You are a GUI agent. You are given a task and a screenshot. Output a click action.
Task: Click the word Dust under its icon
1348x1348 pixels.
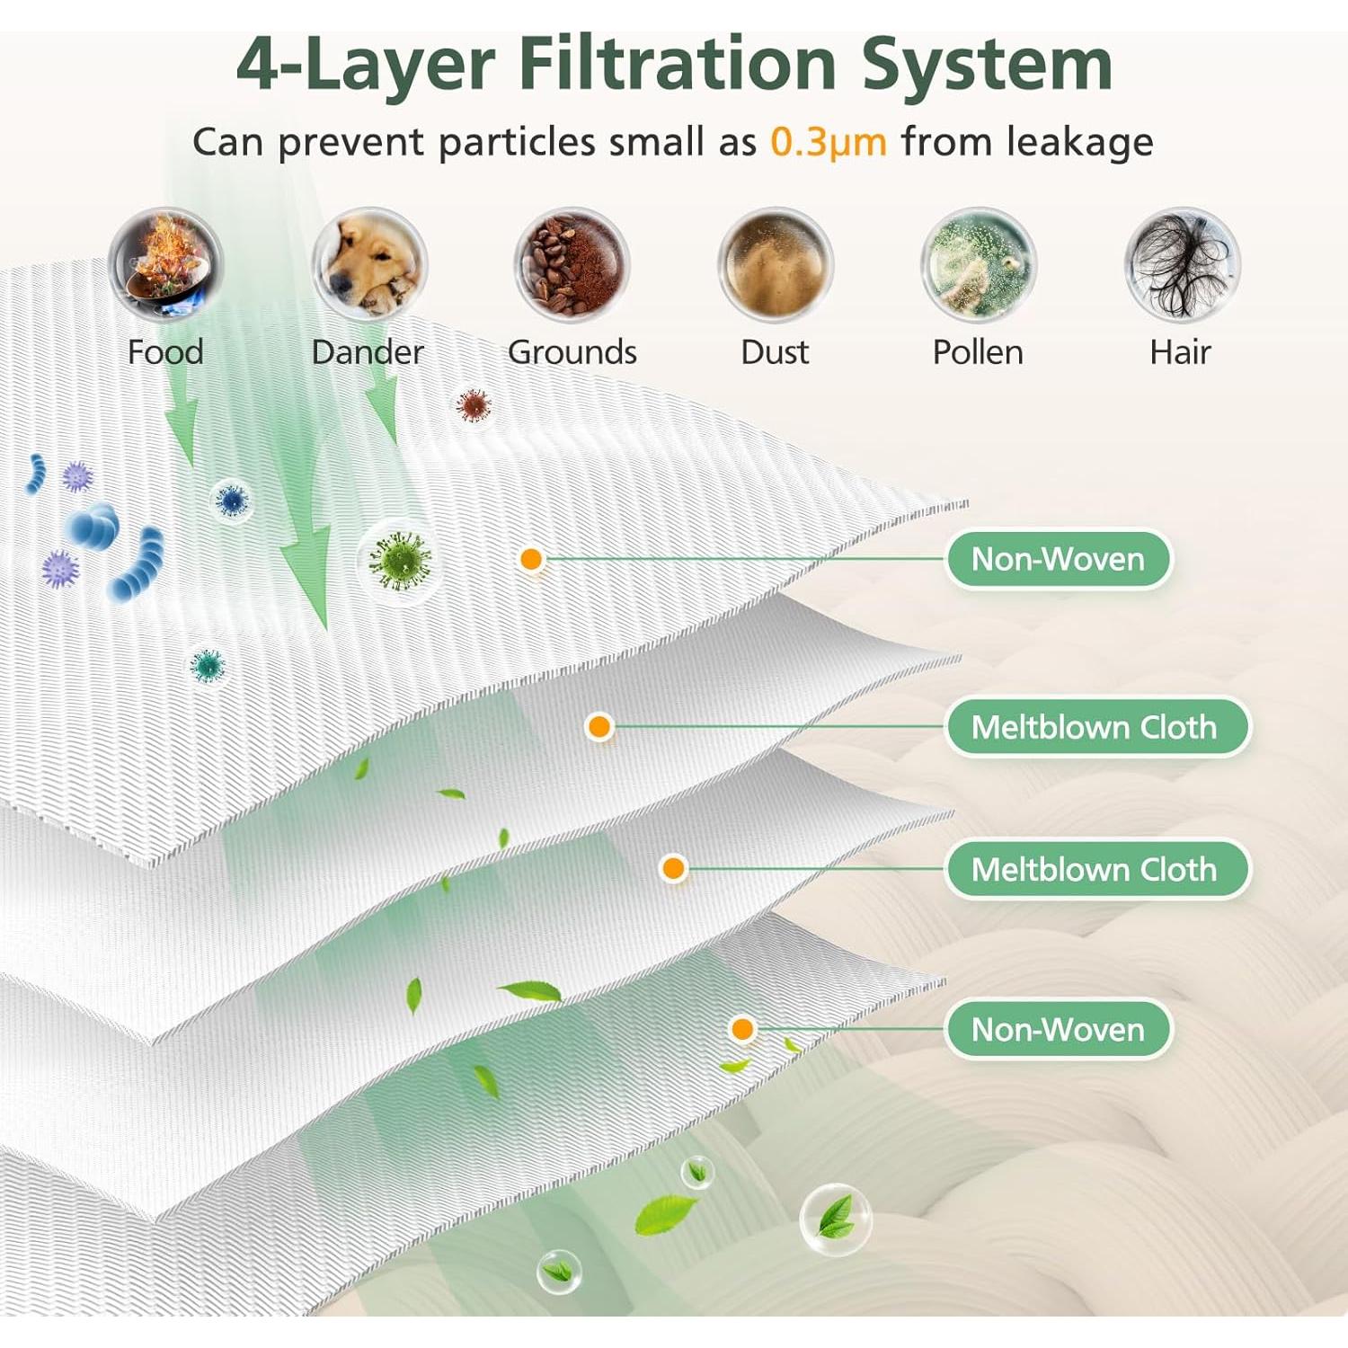(x=775, y=351)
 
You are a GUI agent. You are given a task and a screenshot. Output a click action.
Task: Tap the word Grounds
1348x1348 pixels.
(x=572, y=351)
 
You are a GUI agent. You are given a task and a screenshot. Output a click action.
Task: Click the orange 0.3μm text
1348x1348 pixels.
(x=829, y=142)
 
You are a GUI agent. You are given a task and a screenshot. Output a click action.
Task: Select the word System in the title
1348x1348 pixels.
(x=987, y=65)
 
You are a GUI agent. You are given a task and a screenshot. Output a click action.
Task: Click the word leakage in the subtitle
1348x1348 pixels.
(x=1079, y=142)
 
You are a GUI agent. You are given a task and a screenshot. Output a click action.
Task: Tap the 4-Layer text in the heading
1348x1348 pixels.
(x=366, y=65)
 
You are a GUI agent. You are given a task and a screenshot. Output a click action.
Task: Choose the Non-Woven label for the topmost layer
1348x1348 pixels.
(x=1059, y=559)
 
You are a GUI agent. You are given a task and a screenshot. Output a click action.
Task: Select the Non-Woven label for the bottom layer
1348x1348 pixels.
(x=1059, y=1029)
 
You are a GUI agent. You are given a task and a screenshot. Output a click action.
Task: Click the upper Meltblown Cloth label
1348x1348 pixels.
(x=1096, y=726)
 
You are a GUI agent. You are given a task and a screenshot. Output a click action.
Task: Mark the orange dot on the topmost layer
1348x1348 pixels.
(x=531, y=559)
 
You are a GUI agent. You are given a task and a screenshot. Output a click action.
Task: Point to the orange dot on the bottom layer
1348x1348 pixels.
(x=742, y=1029)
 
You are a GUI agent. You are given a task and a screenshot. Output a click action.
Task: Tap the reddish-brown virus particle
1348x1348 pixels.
(x=473, y=406)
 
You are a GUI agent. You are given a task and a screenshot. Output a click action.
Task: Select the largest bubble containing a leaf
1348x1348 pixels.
(x=836, y=1219)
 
